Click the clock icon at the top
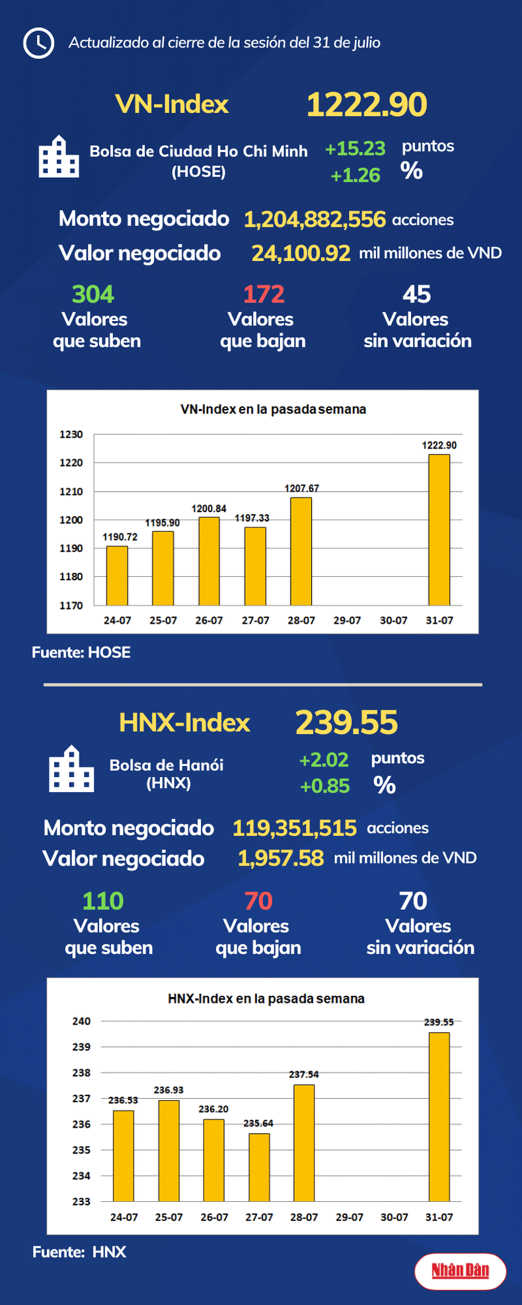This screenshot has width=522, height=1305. (x=38, y=43)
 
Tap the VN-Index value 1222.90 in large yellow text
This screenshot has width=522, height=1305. (x=367, y=105)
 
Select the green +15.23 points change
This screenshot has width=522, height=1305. (x=355, y=149)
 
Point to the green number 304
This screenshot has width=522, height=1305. (x=93, y=294)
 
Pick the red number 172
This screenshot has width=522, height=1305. (x=264, y=294)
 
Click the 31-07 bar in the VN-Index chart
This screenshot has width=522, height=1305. (x=439, y=529)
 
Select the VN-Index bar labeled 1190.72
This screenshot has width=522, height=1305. (x=117, y=575)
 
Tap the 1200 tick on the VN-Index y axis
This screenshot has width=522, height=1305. (x=71, y=520)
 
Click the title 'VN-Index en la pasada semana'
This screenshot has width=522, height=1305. (x=273, y=410)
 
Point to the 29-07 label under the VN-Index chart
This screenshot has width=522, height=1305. (x=347, y=620)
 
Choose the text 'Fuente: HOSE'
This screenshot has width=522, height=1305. (x=81, y=652)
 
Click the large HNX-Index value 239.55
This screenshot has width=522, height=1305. (x=346, y=722)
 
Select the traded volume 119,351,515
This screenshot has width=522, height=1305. (x=294, y=828)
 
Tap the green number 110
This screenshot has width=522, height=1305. (x=103, y=901)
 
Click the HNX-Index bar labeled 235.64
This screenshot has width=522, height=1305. (x=259, y=1167)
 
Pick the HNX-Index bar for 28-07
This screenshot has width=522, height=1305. (x=304, y=1142)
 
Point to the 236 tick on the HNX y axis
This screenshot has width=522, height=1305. (x=81, y=1124)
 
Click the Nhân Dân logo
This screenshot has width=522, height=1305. (x=460, y=1270)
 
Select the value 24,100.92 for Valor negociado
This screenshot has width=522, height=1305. (x=301, y=253)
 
